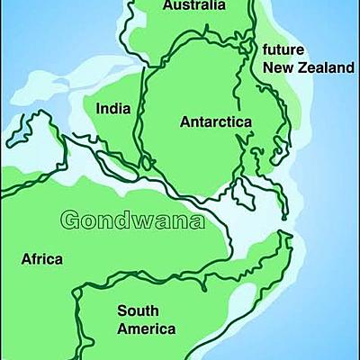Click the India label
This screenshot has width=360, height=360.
click(x=113, y=110)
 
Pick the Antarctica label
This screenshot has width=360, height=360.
click(x=215, y=121)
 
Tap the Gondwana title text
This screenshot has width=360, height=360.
click(x=130, y=220)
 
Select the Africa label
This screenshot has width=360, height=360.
click(x=42, y=260)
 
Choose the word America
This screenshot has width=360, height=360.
click(x=147, y=328)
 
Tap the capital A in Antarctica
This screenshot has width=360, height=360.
click(x=185, y=121)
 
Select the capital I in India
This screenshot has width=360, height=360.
click(x=98, y=110)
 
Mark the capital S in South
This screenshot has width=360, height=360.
click(x=121, y=310)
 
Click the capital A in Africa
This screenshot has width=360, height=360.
click(x=26, y=260)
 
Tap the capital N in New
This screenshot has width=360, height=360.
click(x=266, y=67)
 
